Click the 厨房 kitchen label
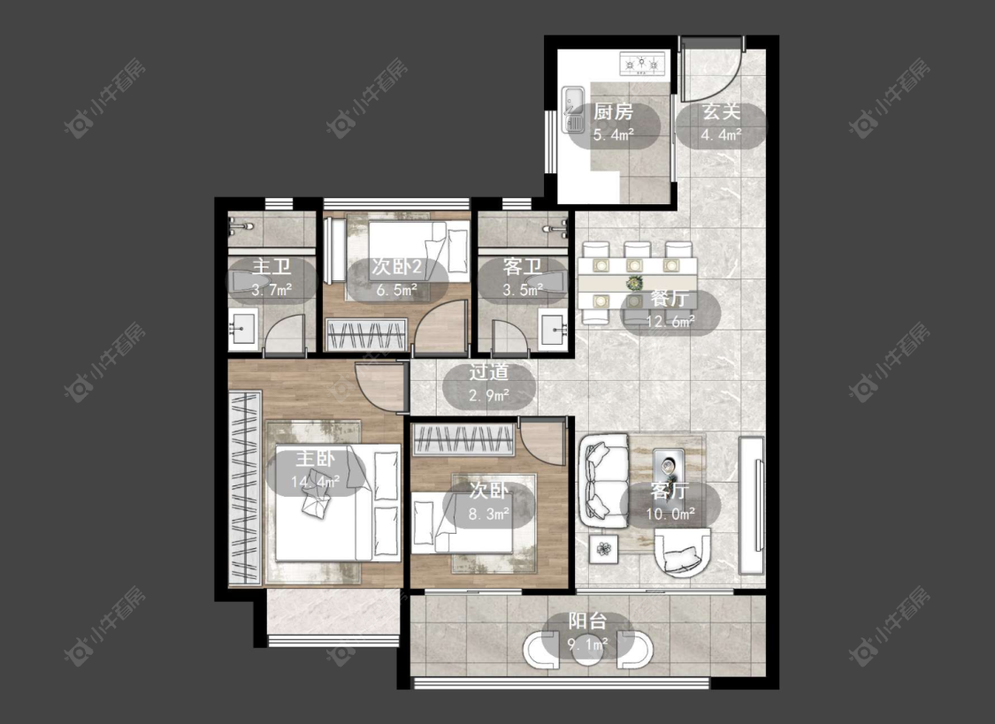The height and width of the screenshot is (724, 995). tap(613, 113)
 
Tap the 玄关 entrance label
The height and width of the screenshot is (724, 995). tap(721, 113)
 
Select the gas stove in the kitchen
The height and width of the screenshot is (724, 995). tap(642, 65)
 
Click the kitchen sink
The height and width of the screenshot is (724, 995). tap(574, 109)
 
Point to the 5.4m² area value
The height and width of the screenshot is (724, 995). tap(614, 135)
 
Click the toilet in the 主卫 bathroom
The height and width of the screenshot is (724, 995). tap(250, 283)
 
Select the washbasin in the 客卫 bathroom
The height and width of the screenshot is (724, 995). tap(554, 329)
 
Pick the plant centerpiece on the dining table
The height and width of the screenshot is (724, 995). tap(634, 282)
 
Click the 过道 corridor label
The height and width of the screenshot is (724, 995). tap(489, 372)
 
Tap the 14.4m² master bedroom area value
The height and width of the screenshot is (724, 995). tap(316, 482)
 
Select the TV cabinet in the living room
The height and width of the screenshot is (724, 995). tap(751, 505)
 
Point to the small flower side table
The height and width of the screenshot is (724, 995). tap(605, 548)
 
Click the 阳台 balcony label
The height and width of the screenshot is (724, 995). tap(587, 621)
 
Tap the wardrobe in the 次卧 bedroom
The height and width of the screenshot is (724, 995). tap(463, 440)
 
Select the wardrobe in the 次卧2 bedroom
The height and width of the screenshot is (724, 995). tap(366, 335)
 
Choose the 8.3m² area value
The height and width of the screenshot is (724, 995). tap(489, 514)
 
